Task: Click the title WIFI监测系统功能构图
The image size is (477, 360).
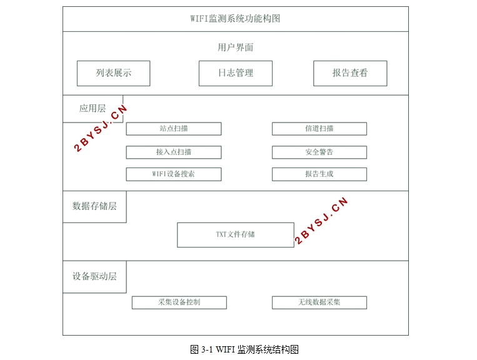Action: pyautogui.click(x=235, y=19)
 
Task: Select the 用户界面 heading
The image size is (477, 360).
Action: pyautogui.click(x=235, y=47)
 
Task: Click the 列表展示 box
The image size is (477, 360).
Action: pyautogui.click(x=114, y=73)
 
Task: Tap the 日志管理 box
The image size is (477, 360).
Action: pyautogui.click(x=236, y=73)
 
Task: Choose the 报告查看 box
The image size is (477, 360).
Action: pyautogui.click(x=350, y=73)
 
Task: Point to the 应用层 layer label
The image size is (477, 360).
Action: pyautogui.click(x=93, y=109)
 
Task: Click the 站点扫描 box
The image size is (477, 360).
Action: pyautogui.click(x=174, y=129)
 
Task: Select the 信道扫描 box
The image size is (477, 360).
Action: pyautogui.click(x=319, y=129)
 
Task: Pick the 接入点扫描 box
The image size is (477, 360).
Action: pyautogui.click(x=174, y=152)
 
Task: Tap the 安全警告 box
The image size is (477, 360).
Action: pyautogui.click(x=319, y=152)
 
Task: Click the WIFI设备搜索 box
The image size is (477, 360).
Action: pyautogui.click(x=174, y=174)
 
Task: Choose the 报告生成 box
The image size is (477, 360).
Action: pyautogui.click(x=319, y=174)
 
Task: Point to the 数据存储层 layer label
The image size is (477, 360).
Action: pyautogui.click(x=94, y=206)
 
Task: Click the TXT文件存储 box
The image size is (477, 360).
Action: pyautogui.click(x=236, y=235)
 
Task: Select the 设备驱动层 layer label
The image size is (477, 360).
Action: pyautogui.click(x=94, y=276)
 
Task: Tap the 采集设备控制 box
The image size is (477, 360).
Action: pyautogui.click(x=179, y=302)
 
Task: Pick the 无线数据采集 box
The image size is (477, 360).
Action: pyautogui.click(x=319, y=302)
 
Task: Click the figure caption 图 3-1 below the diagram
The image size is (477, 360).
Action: pyautogui.click(x=244, y=349)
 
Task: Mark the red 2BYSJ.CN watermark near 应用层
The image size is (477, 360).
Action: pyautogui.click(x=100, y=128)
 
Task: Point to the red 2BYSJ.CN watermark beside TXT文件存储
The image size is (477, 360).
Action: pyautogui.click(x=321, y=221)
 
